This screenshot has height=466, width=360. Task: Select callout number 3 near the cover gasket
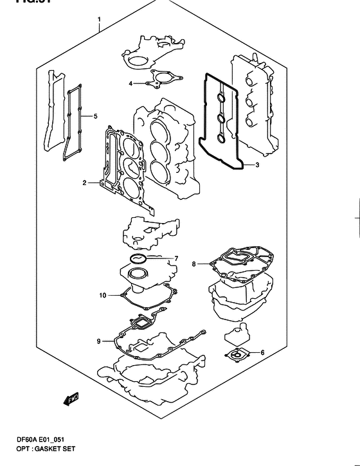(256, 166)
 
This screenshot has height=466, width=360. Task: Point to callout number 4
(130, 84)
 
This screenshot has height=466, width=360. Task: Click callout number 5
(95, 116)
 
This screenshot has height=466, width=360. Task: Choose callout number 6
(262, 353)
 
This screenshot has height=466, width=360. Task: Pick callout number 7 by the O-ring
(175, 259)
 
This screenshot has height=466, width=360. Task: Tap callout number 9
(98, 341)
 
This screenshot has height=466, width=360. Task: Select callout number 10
(102, 296)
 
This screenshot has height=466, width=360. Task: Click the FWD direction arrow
(70, 400)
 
